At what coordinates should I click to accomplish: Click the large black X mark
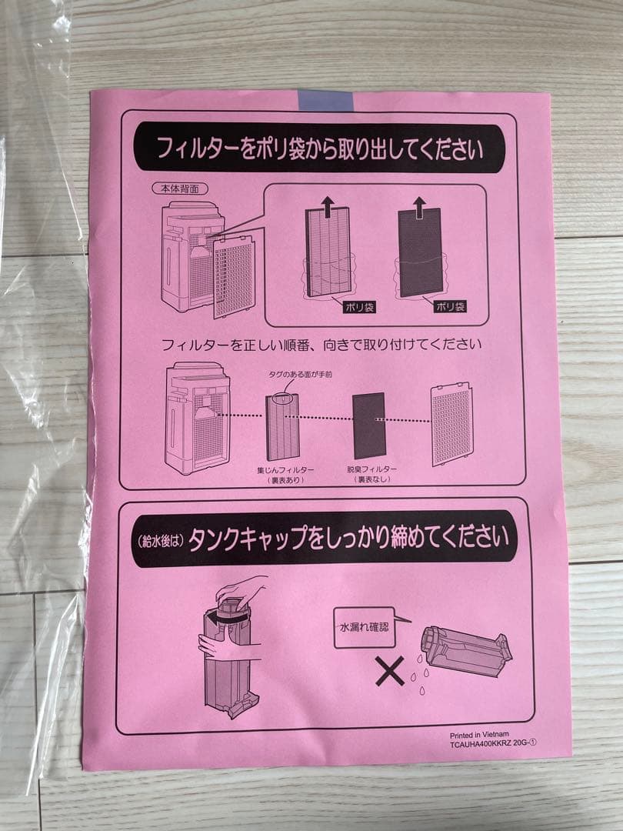[x=389, y=671]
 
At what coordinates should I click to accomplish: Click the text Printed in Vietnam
[x=479, y=735]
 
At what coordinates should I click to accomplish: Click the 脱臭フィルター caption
[x=371, y=473]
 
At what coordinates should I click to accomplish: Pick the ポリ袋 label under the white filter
[x=358, y=306]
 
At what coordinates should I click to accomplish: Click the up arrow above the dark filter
[x=419, y=205]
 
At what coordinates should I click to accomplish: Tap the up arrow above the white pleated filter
[x=328, y=205]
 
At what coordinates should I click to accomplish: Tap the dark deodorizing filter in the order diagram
[x=368, y=426]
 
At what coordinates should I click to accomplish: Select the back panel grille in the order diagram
[x=451, y=425]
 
